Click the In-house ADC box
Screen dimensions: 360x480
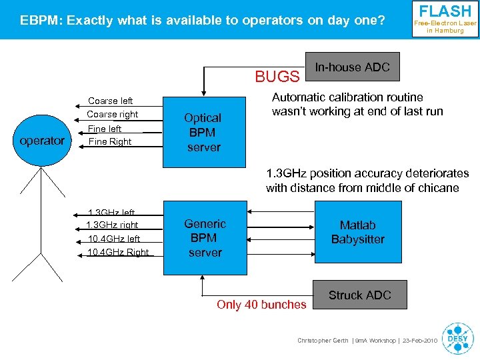(x=352, y=67)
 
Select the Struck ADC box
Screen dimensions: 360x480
(x=360, y=295)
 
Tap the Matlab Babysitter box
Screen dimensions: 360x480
(x=357, y=232)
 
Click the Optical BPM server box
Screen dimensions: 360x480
(x=203, y=132)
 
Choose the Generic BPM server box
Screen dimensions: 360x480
(x=205, y=238)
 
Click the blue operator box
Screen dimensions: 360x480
(x=42, y=141)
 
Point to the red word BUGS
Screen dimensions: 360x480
(x=277, y=77)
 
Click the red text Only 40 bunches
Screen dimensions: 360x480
(x=261, y=305)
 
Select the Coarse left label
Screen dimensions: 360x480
(x=111, y=101)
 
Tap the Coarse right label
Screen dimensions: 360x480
(x=113, y=115)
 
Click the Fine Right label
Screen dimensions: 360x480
(x=110, y=141)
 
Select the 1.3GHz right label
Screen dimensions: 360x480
(x=113, y=225)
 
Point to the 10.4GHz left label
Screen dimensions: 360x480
(x=114, y=239)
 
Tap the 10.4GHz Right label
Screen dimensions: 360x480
(x=118, y=252)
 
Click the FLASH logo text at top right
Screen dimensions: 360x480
(x=445, y=12)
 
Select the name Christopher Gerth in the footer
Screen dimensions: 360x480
(x=323, y=341)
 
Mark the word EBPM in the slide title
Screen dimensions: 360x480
(x=37, y=21)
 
